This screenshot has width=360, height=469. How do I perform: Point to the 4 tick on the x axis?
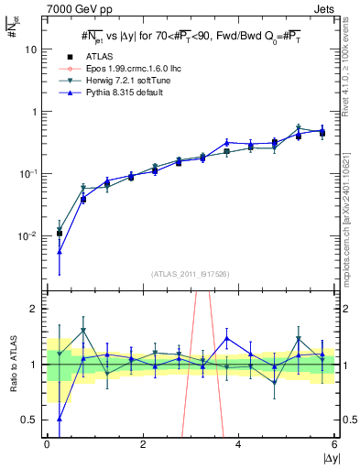pos(238,444)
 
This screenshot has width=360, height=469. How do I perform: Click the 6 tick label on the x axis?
pos(334,444)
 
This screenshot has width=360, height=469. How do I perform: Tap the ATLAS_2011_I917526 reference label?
pos(191,274)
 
